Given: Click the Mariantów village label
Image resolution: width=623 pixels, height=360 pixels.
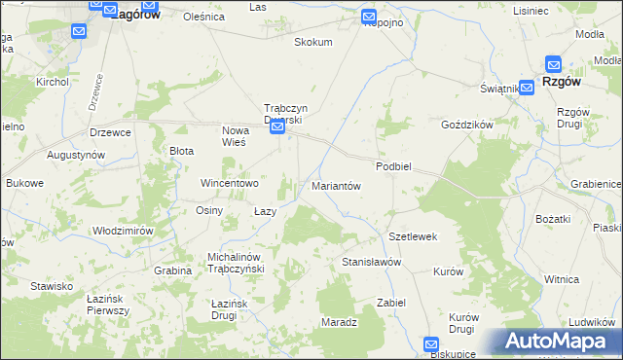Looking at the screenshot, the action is [x=336, y=185].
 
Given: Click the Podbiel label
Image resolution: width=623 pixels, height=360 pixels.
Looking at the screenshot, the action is [x=394, y=166].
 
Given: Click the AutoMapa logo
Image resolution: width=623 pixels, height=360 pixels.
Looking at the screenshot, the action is [x=558, y=342].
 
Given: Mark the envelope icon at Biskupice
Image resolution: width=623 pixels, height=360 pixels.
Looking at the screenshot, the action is [x=433, y=344].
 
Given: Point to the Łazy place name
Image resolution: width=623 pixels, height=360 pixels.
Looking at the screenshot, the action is [x=265, y=211].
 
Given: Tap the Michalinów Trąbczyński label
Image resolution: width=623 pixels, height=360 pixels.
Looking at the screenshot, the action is [x=230, y=263].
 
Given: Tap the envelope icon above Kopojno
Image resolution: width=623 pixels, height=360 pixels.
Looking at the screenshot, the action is [x=369, y=17].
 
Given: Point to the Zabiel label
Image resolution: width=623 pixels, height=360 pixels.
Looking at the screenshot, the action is [x=391, y=302].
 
